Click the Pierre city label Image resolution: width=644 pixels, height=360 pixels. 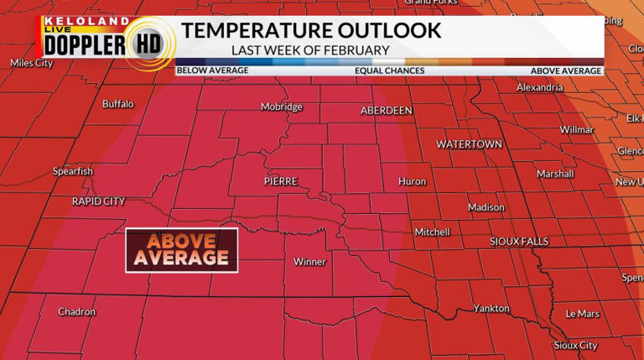click(x=281, y=181)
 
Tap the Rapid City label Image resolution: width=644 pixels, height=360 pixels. click(x=98, y=201)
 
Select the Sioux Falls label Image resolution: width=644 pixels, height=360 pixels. click(x=519, y=242)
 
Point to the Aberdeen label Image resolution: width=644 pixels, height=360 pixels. click(x=387, y=111)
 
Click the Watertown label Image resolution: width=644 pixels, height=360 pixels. click(x=469, y=144)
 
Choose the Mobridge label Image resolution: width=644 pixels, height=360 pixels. click(x=282, y=107)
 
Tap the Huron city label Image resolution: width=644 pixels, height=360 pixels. click(x=413, y=181)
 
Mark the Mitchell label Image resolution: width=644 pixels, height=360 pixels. click(x=432, y=232)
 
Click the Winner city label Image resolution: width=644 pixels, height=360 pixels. click(x=309, y=262)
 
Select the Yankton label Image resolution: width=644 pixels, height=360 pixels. click(x=491, y=309)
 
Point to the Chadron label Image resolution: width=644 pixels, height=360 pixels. click(x=76, y=312)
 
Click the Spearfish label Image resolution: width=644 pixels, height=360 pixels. click(x=73, y=171)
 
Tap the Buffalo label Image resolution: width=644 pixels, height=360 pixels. click(x=117, y=104)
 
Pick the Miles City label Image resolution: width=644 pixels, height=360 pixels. click(x=32, y=63)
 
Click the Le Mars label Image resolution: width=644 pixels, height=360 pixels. click(x=583, y=314)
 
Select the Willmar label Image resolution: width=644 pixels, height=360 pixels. click(x=577, y=130)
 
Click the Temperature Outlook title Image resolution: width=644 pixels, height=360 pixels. click(x=311, y=30)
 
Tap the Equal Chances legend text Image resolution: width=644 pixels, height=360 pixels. click(x=389, y=71)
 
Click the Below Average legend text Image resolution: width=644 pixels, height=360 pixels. click(x=213, y=71)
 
